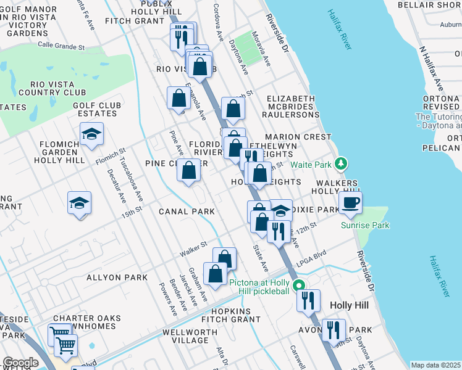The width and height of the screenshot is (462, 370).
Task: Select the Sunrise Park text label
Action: pyautogui.click(x=365, y=225)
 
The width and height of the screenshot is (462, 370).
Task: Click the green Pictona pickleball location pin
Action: pyautogui.click(x=298, y=285)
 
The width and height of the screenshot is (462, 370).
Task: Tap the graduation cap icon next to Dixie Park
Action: pyautogui.click(x=280, y=211)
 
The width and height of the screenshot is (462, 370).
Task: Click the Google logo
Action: pyautogui.click(x=20, y=363)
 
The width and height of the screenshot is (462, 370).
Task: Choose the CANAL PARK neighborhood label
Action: pyautogui.click(x=187, y=212)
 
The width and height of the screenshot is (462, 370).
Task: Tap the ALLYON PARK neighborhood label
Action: pyautogui.click(x=117, y=277)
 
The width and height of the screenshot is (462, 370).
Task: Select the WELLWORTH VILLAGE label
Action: pyautogui.click(x=190, y=336)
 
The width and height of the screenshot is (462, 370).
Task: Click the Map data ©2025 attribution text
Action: pyautogui.click(x=435, y=365)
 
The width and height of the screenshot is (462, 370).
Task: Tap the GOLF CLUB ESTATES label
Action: pyautogui.click(x=96, y=109)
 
